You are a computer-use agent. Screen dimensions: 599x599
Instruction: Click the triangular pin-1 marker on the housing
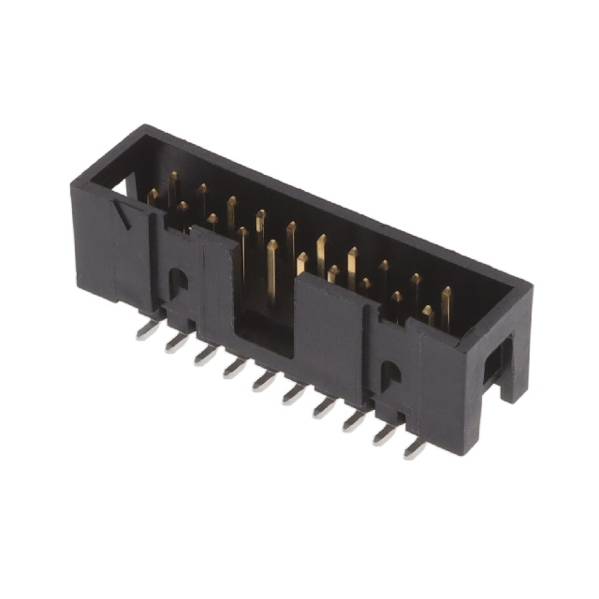point(122,218)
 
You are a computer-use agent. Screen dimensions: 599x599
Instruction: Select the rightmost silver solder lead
point(415,447)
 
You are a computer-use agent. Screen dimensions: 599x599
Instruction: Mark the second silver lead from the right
point(385,434)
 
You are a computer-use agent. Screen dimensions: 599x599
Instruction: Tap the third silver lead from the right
point(355,420)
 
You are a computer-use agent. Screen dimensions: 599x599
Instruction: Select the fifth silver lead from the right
point(295,394)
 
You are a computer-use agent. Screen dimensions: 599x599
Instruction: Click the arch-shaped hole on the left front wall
point(177,279)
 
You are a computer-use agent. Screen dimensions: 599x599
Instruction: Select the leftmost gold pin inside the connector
point(153,197)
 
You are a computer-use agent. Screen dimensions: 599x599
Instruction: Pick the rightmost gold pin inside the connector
point(446,305)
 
